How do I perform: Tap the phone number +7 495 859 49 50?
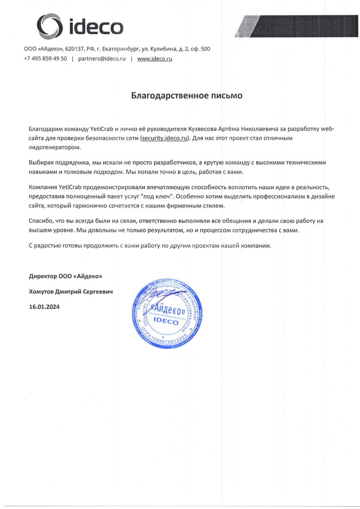(45, 59)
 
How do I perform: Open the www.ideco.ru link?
(155, 59)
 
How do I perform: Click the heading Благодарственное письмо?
(187, 97)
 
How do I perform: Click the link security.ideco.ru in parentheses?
(165, 138)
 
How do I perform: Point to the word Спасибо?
(41, 222)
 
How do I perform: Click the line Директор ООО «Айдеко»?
(65, 276)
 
